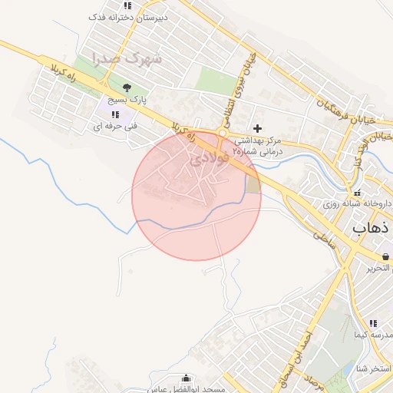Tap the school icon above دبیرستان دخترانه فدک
127,5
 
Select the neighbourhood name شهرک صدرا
126,58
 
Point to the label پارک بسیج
124,100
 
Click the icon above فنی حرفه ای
115,114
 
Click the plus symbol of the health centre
257,128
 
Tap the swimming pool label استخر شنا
375,370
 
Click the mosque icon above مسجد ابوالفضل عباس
187,378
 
